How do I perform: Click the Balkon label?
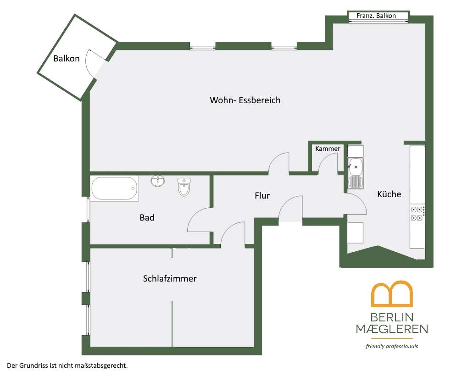point(67,59)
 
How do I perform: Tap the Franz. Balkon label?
point(376,16)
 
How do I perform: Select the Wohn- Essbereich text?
point(245,100)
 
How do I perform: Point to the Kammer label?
point(328,149)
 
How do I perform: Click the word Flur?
point(262,195)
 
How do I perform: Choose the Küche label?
point(389,194)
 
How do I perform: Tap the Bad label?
point(147,217)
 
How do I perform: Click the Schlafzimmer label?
point(170,278)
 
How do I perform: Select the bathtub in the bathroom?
point(115,188)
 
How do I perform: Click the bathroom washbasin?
point(158,181)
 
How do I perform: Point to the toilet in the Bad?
point(184,187)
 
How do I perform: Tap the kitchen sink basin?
point(356,166)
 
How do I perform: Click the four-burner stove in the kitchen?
point(418,214)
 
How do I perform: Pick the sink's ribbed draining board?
point(356,182)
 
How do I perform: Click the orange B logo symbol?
point(392,294)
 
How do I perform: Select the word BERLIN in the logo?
point(392,317)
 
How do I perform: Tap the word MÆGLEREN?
point(392,329)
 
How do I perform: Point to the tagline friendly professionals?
point(392,346)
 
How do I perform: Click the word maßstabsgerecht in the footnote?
point(101,366)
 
